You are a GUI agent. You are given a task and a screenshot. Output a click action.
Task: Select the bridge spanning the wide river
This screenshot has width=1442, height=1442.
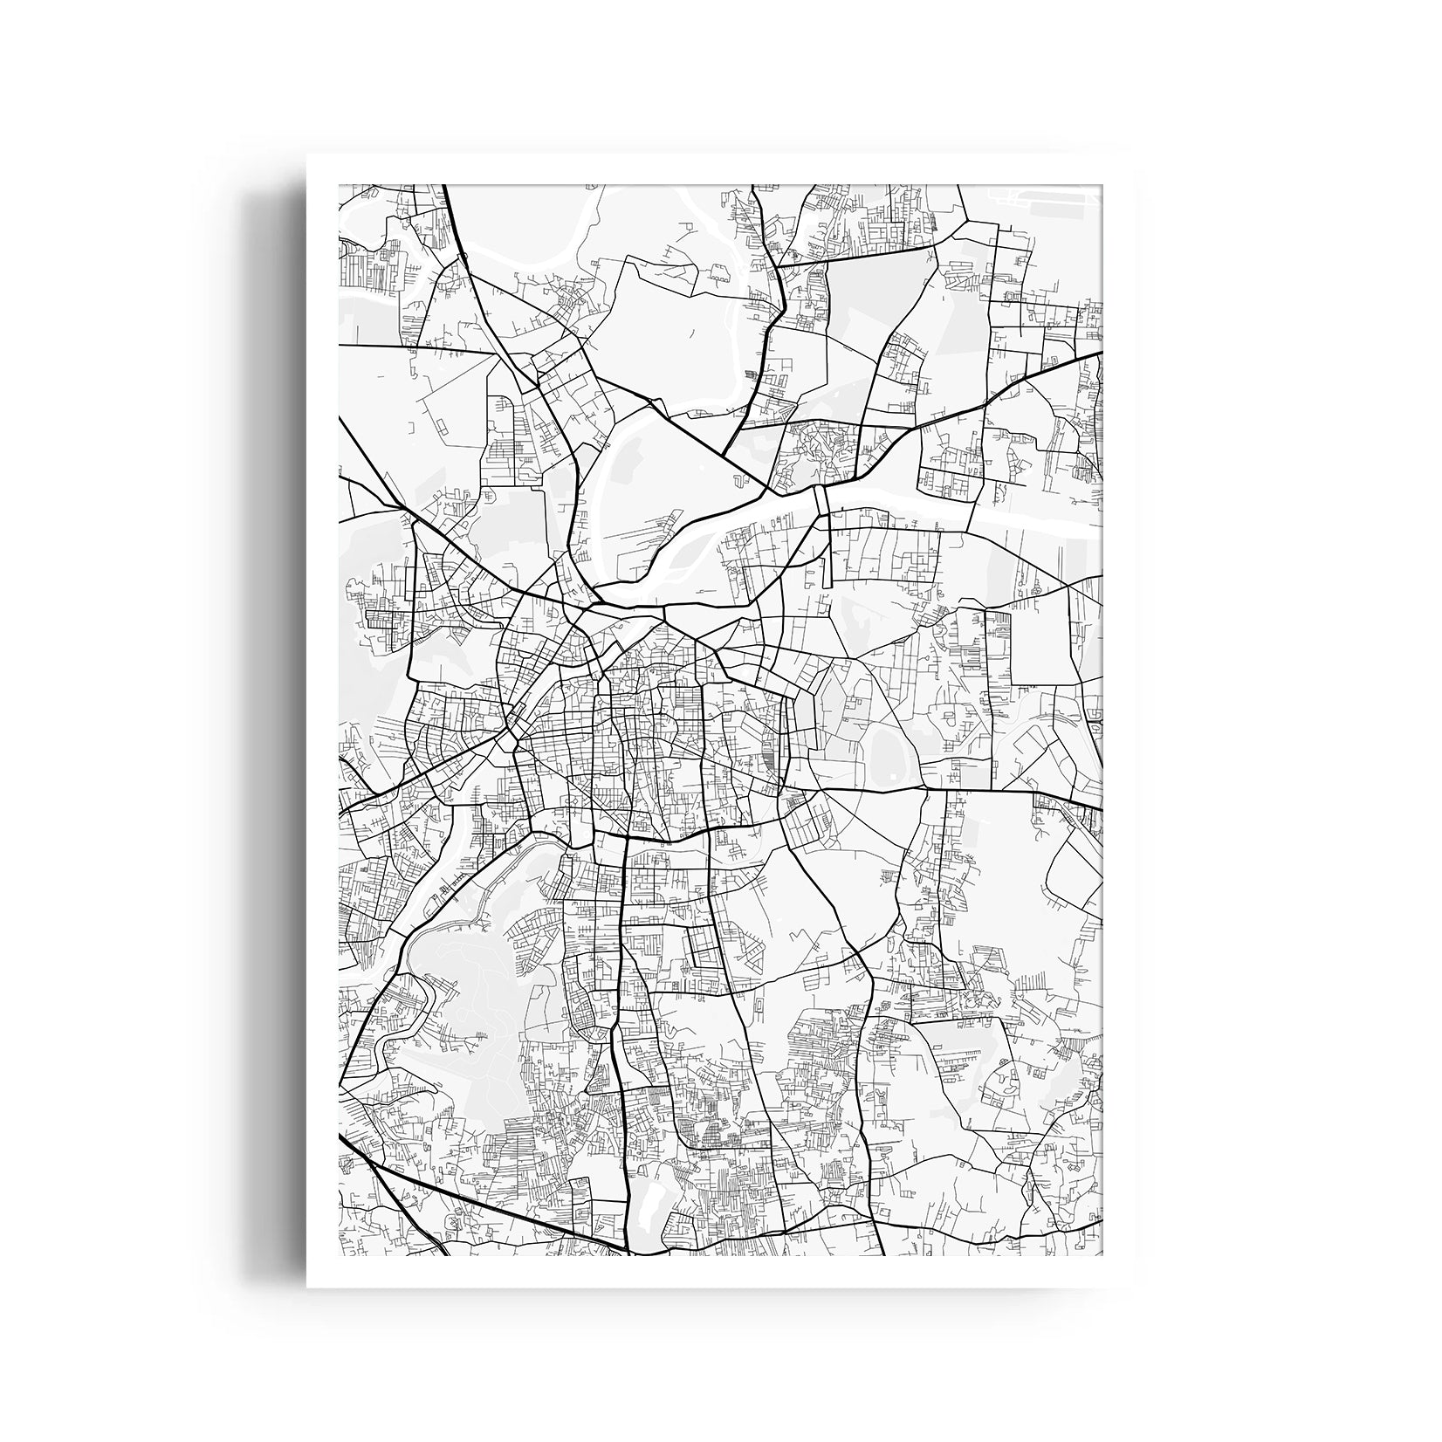(x=821, y=501)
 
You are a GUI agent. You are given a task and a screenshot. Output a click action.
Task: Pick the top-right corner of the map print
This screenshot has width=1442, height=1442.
(x=1102, y=185)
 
